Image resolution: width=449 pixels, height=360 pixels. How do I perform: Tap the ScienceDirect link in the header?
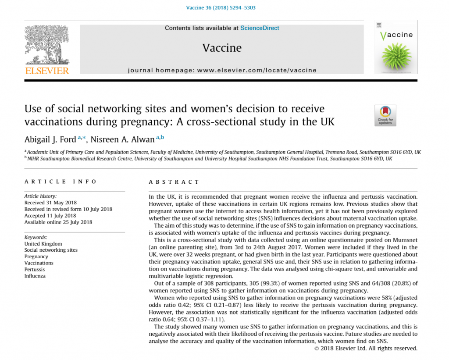[260, 28]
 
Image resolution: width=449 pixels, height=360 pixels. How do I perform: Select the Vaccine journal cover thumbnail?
[396, 47]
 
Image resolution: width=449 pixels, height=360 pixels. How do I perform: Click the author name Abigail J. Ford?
[50, 139]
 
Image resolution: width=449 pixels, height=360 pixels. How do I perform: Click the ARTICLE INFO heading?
[61, 182]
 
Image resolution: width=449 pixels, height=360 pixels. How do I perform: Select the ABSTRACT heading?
[174, 182]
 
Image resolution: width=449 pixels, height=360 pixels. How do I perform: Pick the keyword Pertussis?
[35, 270]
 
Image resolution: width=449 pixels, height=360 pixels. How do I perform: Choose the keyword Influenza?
[35, 276]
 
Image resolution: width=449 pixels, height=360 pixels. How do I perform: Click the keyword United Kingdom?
[43, 244]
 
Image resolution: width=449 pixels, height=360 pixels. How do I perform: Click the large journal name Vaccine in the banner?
[222, 48]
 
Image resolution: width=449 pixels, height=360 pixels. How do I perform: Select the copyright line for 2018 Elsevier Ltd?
[366, 348]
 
